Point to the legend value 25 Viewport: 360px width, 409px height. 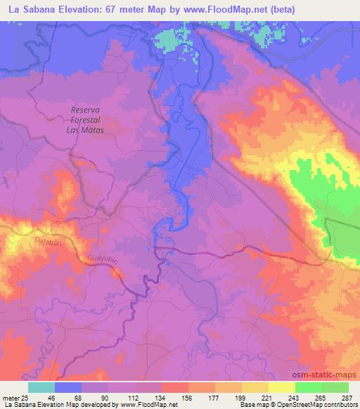27,398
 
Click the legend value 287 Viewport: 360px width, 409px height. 347,398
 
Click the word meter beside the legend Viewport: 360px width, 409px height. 11,398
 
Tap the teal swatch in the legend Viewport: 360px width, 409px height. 41,388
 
